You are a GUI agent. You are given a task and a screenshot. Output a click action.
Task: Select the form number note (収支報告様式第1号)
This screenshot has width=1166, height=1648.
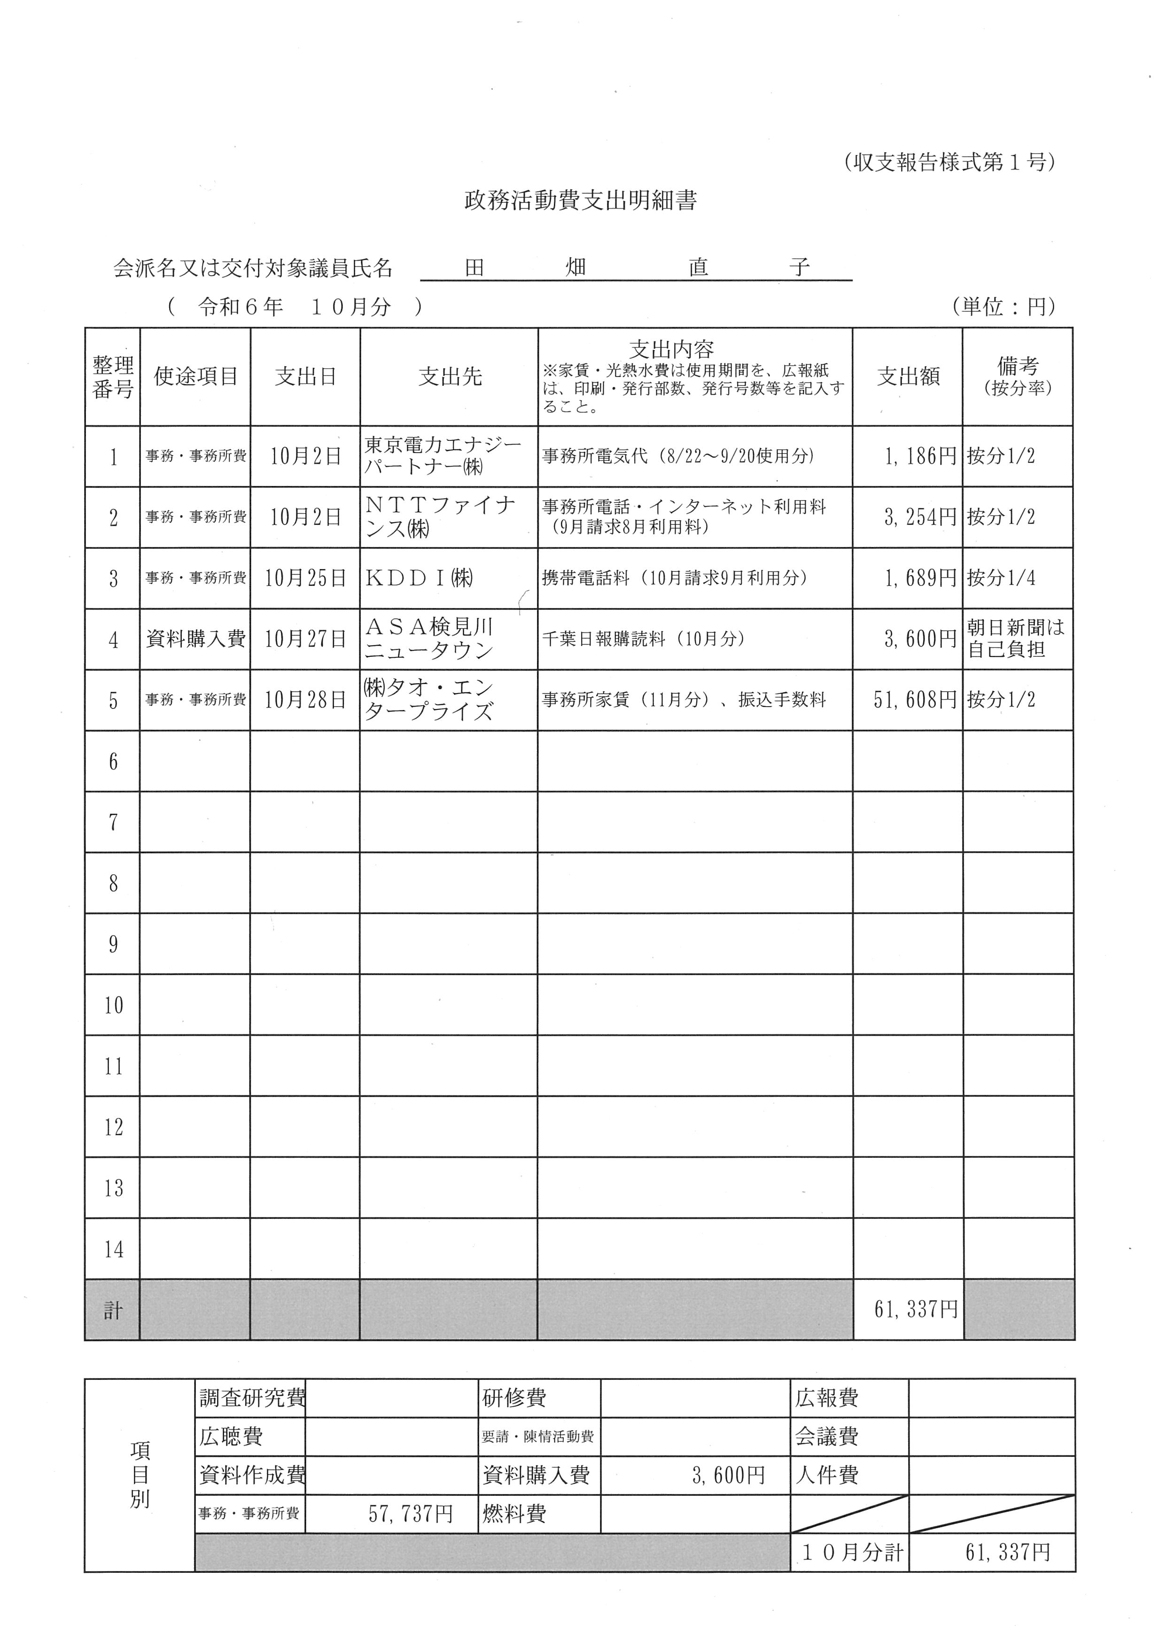949,162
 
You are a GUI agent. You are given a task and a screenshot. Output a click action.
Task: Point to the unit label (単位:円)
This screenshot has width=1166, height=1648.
1004,307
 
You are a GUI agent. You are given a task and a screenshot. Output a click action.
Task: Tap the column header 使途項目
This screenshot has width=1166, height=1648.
195,376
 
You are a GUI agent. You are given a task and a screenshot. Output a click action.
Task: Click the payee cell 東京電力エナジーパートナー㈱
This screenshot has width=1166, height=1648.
442,456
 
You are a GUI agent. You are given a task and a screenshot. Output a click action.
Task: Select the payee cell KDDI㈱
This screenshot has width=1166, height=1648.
420,578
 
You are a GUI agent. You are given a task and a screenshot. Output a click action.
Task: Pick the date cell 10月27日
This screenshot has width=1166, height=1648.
305,639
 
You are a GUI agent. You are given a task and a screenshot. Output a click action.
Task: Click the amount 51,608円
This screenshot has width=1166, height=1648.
915,700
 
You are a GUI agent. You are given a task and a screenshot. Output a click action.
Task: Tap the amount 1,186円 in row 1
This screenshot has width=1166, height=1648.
920,456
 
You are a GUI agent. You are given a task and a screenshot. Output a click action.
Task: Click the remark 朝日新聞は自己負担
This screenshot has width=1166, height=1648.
1015,639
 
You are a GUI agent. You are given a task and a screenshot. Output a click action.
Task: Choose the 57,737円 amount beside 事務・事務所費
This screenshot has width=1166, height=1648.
410,1514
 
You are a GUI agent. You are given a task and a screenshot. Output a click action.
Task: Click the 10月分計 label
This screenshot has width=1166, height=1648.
852,1553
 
